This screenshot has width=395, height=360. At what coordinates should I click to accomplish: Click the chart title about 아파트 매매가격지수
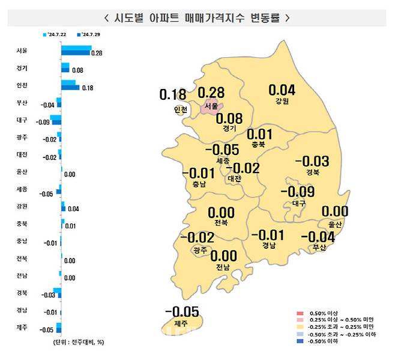[x=197, y=17]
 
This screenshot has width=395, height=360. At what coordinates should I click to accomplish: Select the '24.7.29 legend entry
[x=88, y=35]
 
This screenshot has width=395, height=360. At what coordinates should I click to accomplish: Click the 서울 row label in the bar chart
[x=22, y=50]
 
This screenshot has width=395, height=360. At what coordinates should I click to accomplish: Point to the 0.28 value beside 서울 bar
[x=97, y=53]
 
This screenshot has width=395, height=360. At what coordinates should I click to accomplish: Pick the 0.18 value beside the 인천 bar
[x=87, y=88]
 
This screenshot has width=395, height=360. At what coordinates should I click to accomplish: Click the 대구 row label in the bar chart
[x=22, y=120]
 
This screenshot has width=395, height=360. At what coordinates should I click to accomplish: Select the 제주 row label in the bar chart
[x=22, y=328]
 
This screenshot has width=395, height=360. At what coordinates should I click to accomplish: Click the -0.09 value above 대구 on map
[x=298, y=192]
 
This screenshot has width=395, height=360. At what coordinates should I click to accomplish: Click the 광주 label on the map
[x=201, y=250]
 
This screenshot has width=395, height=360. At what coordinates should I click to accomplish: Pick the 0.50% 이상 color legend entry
[x=323, y=313]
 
